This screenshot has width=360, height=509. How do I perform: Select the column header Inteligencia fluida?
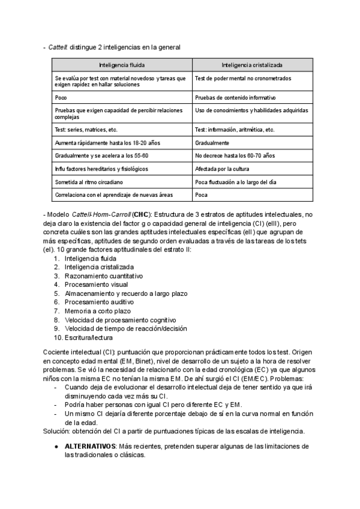[122, 65]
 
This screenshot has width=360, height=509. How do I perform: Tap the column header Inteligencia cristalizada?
[252, 65]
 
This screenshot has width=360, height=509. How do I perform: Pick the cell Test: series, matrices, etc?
[86, 130]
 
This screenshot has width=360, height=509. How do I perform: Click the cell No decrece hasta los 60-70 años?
[235, 155]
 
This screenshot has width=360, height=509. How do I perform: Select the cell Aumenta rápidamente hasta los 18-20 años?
[107, 143]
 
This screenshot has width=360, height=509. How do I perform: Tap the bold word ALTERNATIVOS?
[89, 447]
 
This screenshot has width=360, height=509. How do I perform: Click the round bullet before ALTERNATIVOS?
[56, 447]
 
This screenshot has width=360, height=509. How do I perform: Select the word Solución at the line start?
[56, 431]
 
